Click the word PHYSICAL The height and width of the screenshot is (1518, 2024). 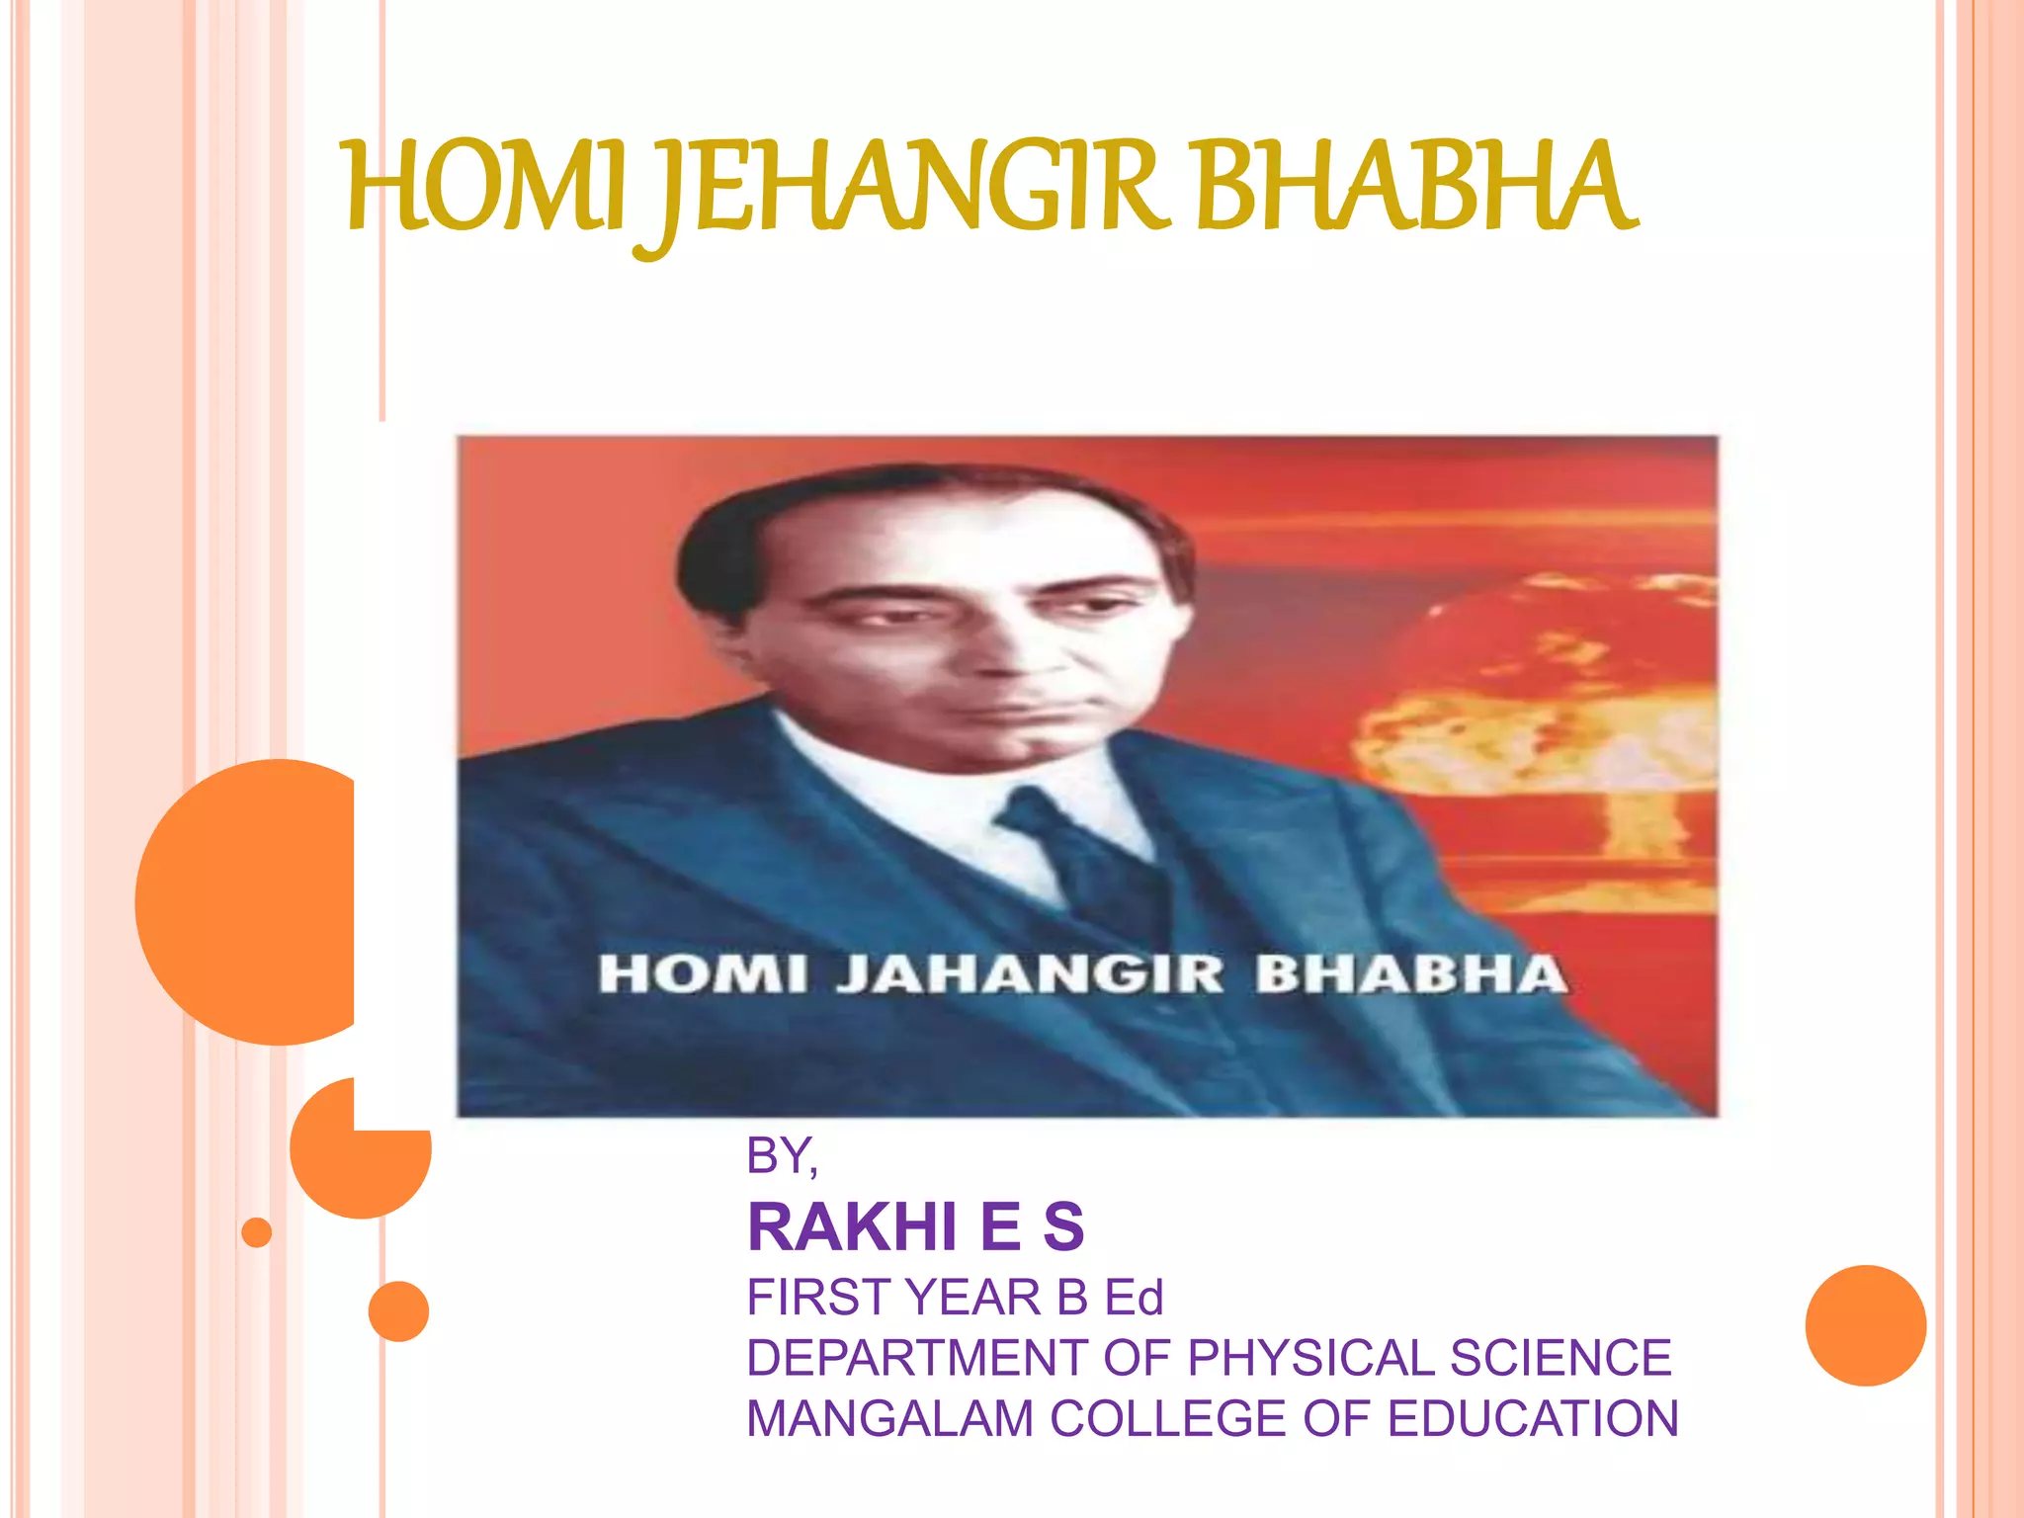coord(1311,1358)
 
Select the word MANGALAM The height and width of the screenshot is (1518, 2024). coord(889,1419)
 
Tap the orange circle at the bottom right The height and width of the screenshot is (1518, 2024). coord(1865,1325)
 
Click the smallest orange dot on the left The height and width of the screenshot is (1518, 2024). coord(257,1232)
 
